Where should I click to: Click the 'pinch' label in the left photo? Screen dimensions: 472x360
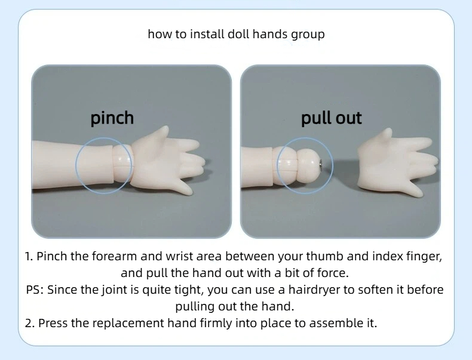(112, 118)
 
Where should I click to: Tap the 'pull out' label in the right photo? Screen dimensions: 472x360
(332, 118)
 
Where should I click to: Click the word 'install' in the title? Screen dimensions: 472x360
(207, 34)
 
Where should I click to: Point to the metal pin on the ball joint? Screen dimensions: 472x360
(321, 164)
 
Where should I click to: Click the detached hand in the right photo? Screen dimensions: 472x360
(397, 162)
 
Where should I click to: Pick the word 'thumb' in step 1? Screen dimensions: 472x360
(325, 256)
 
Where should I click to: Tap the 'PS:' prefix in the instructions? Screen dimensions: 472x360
(35, 290)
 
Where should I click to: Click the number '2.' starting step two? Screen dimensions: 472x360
(30, 324)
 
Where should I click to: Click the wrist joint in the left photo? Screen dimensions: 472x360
(122, 164)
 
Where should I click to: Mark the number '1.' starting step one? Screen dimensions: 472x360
(29, 257)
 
